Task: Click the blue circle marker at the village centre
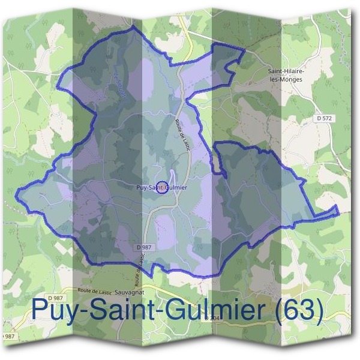click(x=161, y=187)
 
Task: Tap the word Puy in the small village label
click(x=142, y=187)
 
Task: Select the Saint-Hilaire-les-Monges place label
click(x=286, y=75)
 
